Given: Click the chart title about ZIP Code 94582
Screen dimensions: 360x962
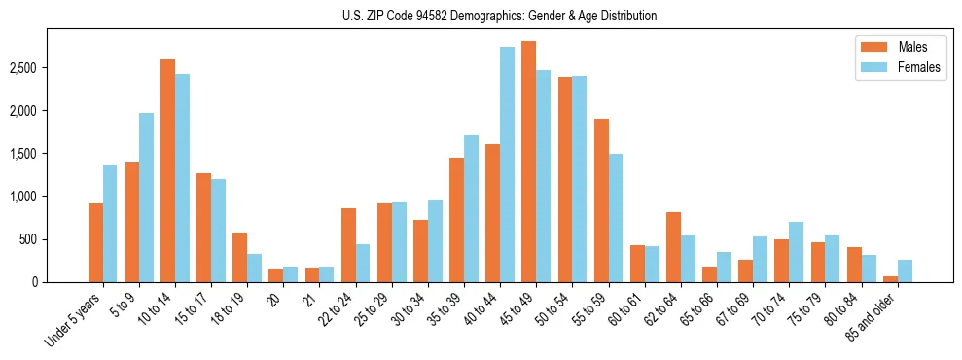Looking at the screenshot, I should click(499, 16).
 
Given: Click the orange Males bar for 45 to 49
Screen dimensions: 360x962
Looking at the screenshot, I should click(528, 162).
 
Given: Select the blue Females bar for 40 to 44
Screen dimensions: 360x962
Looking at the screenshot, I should click(507, 164).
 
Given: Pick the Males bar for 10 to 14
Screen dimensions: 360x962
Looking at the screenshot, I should click(167, 170).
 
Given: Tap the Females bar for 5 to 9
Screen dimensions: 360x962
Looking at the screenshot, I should click(146, 198).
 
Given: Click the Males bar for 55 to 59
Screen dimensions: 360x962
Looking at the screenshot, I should click(601, 200).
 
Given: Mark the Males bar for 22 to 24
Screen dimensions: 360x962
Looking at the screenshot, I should click(348, 245).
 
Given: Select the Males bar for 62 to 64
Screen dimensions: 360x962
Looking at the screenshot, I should click(673, 247).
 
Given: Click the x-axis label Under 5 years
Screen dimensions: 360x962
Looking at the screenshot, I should click(74, 320).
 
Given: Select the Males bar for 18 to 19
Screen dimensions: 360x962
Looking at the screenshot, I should click(239, 257).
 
